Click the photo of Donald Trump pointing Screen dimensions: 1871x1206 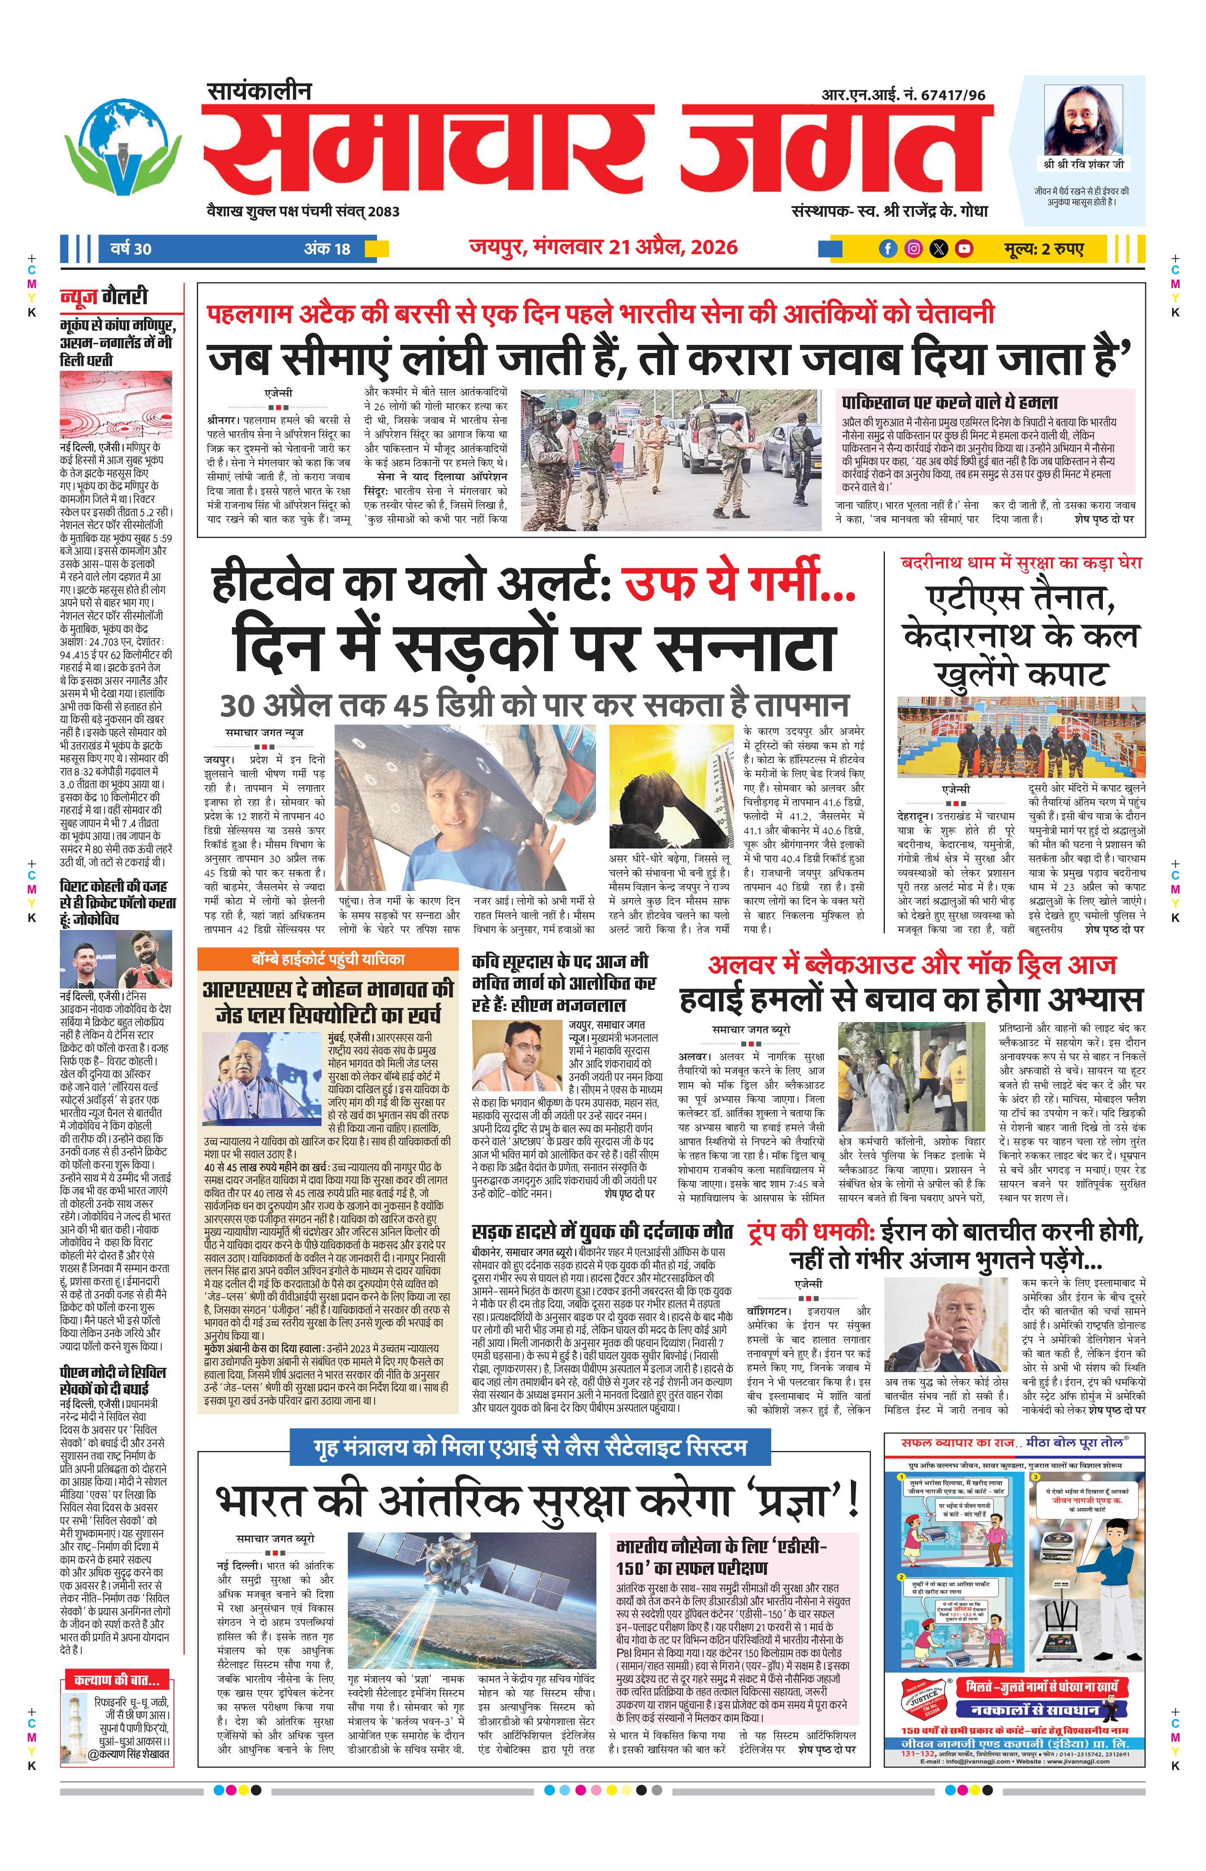click(x=946, y=1325)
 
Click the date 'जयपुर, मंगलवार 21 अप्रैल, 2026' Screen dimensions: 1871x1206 click(x=603, y=247)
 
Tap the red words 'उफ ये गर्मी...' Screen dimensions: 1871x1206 click(x=739, y=585)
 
